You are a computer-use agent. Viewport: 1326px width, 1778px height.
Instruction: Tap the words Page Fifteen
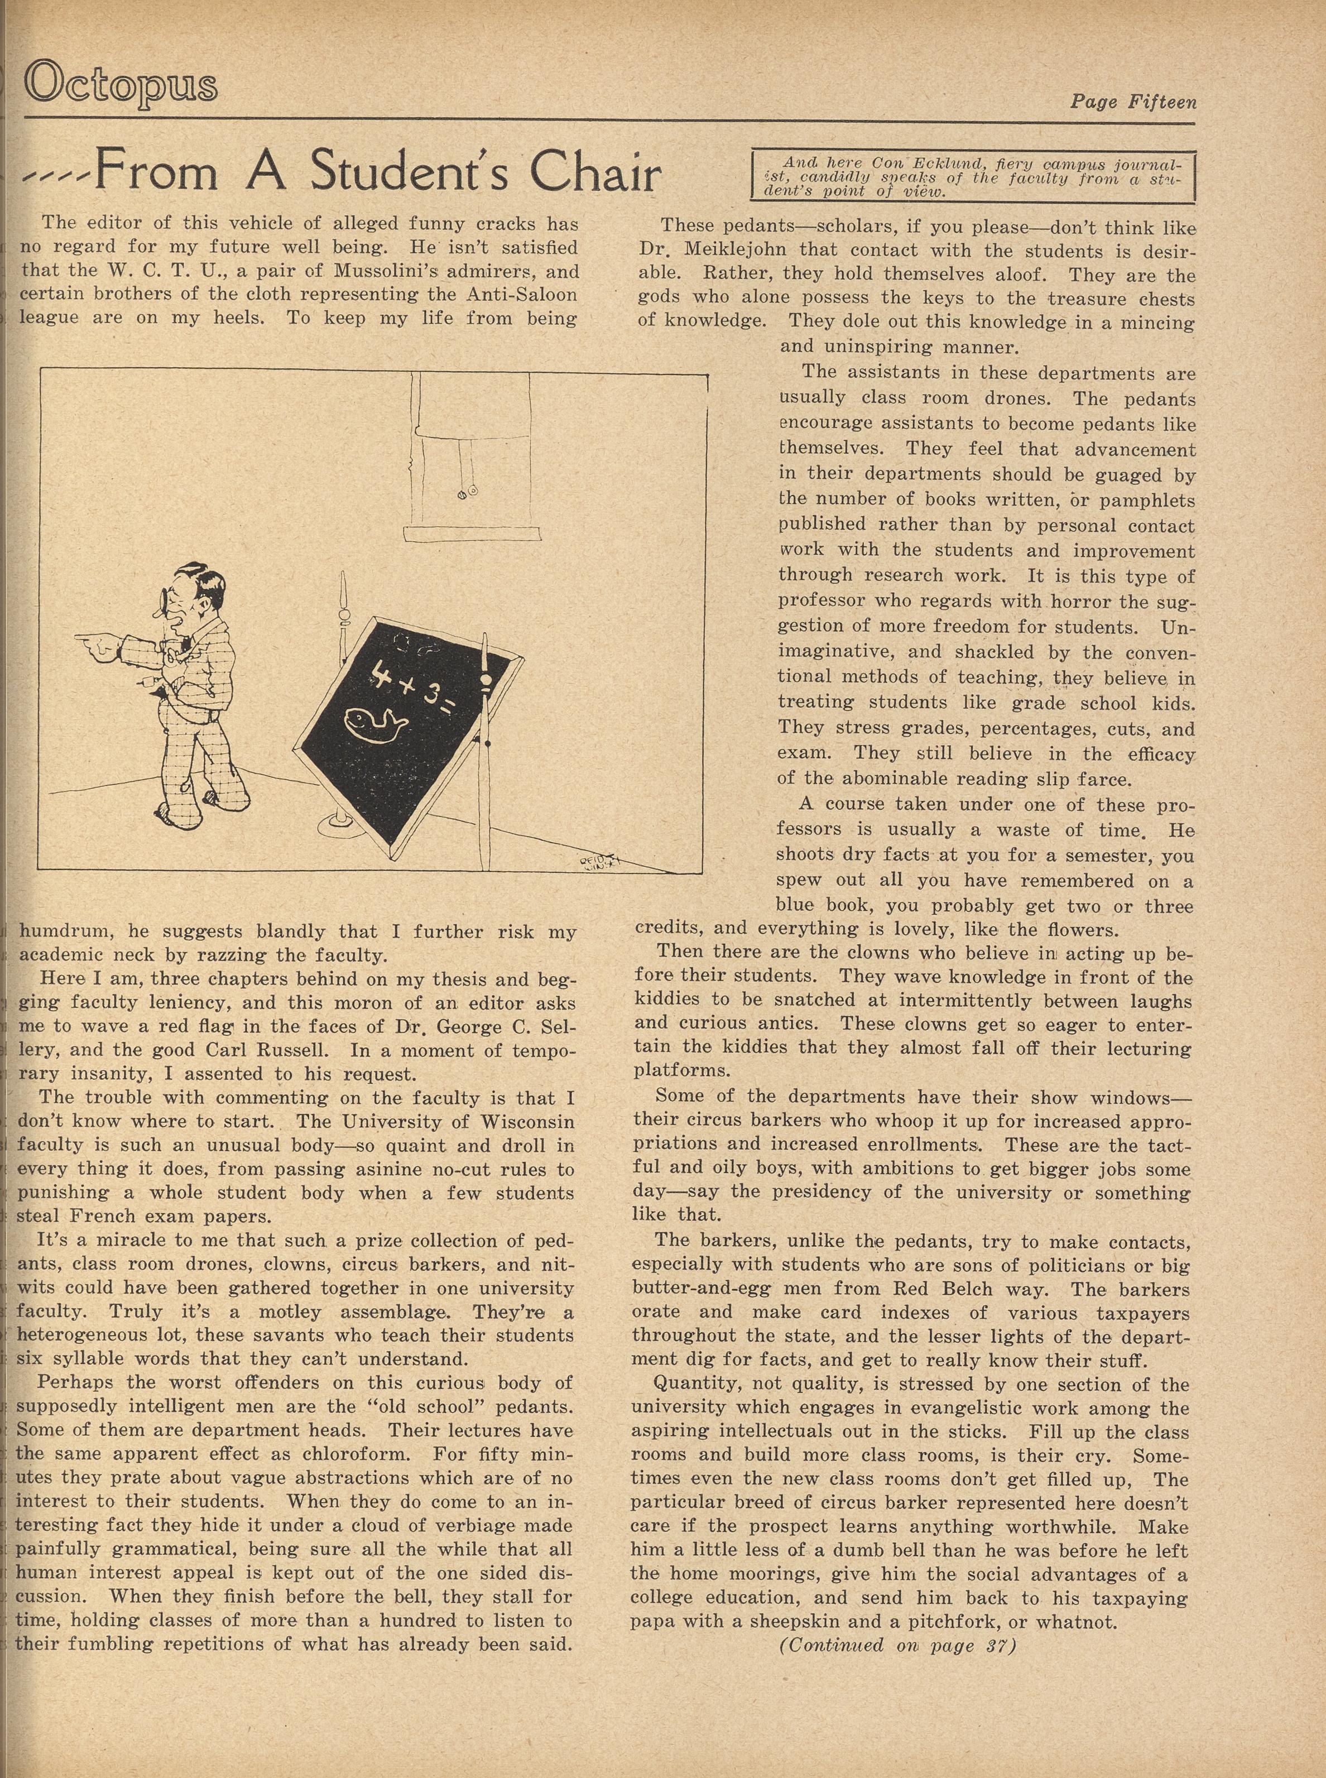pyautogui.click(x=1132, y=103)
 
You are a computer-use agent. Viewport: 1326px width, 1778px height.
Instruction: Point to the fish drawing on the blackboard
pyautogui.click(x=376, y=720)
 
